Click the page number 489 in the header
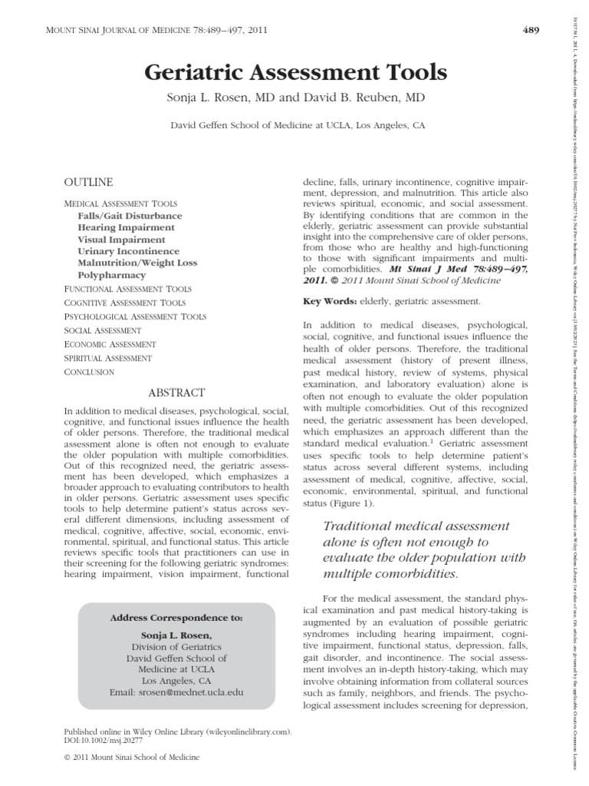tap(531, 31)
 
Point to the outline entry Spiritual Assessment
tap(107, 358)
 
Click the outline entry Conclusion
tap(89, 372)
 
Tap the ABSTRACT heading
tap(176, 392)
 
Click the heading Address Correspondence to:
tap(176, 617)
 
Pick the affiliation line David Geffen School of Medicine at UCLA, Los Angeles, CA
tap(295, 124)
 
